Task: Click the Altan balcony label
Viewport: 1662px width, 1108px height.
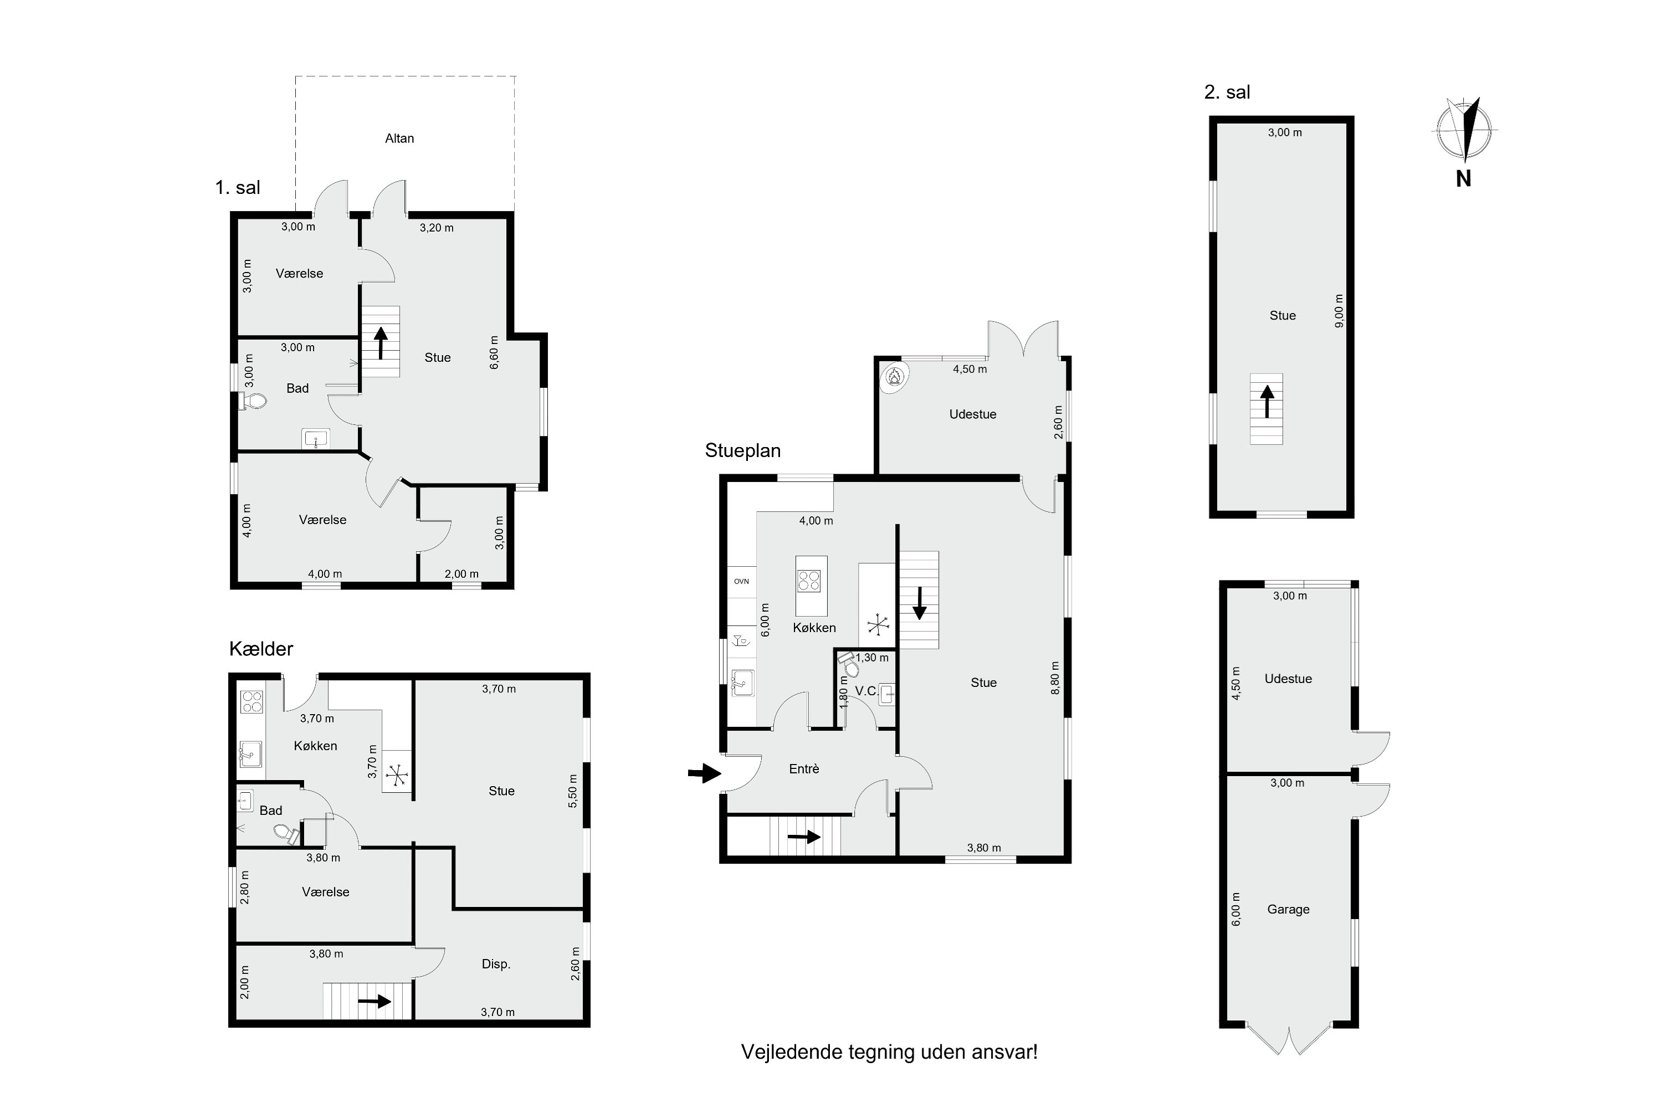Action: coord(399,138)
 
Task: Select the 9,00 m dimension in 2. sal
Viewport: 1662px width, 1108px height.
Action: coord(1339,311)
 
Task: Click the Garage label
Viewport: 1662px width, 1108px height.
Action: coord(1288,910)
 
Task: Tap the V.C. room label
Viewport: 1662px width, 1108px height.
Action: coord(866,691)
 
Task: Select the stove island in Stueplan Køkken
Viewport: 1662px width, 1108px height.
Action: coord(811,585)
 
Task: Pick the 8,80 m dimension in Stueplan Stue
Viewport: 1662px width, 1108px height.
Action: coord(1055,678)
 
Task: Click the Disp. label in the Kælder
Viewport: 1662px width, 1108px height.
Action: coord(496,964)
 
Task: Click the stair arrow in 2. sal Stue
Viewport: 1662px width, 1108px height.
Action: coord(1266,401)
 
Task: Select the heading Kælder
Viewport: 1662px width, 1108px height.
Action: coord(261,649)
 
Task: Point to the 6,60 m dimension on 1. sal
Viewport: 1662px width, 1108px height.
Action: coord(495,352)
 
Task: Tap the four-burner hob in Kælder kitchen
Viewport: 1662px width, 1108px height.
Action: coord(252,702)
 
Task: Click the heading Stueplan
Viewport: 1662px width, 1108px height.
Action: coord(743,451)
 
